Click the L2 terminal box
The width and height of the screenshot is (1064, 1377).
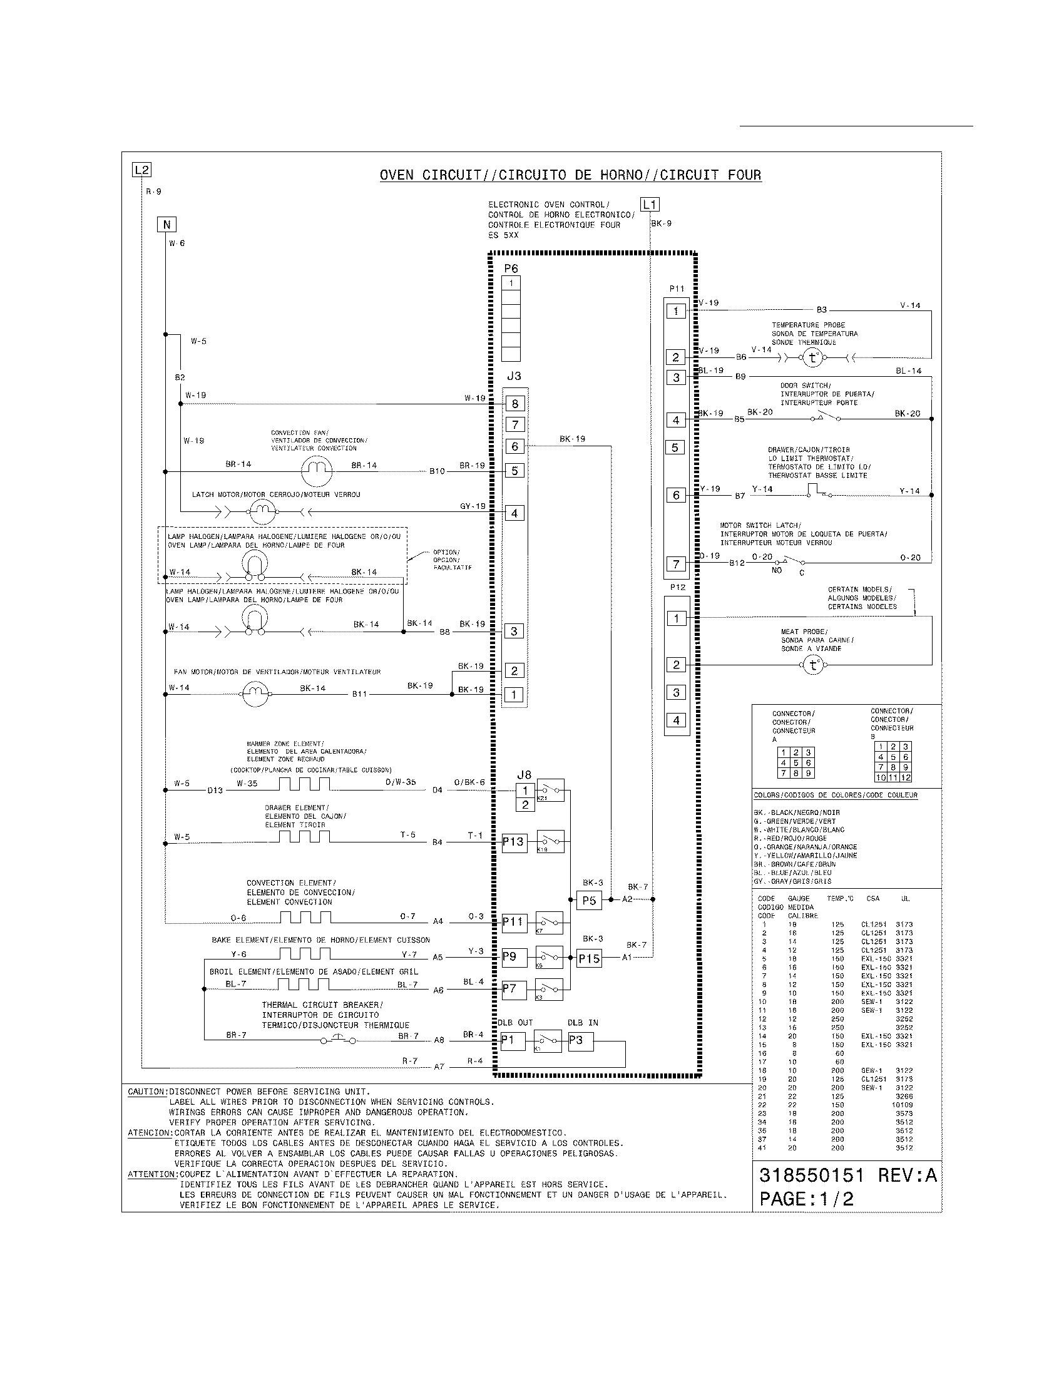coord(141,170)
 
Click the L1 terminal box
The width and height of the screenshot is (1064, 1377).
coord(650,204)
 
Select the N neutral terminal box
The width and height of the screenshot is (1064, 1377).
coord(166,225)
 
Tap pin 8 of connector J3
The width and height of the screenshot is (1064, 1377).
coord(515,404)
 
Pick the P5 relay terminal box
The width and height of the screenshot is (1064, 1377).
coord(589,900)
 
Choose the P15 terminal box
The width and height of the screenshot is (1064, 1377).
coord(590,958)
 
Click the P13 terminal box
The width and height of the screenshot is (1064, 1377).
coord(513,842)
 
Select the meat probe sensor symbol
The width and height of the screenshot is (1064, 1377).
coord(812,665)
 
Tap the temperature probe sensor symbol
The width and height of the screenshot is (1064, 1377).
coord(813,358)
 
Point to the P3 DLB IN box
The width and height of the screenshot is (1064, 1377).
coord(580,1040)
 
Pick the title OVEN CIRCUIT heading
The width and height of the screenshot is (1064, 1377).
coord(570,175)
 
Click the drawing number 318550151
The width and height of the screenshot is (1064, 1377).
coord(811,1175)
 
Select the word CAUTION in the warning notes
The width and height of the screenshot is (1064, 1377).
coord(146,1092)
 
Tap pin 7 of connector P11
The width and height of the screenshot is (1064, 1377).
coord(676,564)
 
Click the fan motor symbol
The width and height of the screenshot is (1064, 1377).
coord(255,695)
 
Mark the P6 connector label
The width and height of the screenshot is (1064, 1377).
coord(511,269)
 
